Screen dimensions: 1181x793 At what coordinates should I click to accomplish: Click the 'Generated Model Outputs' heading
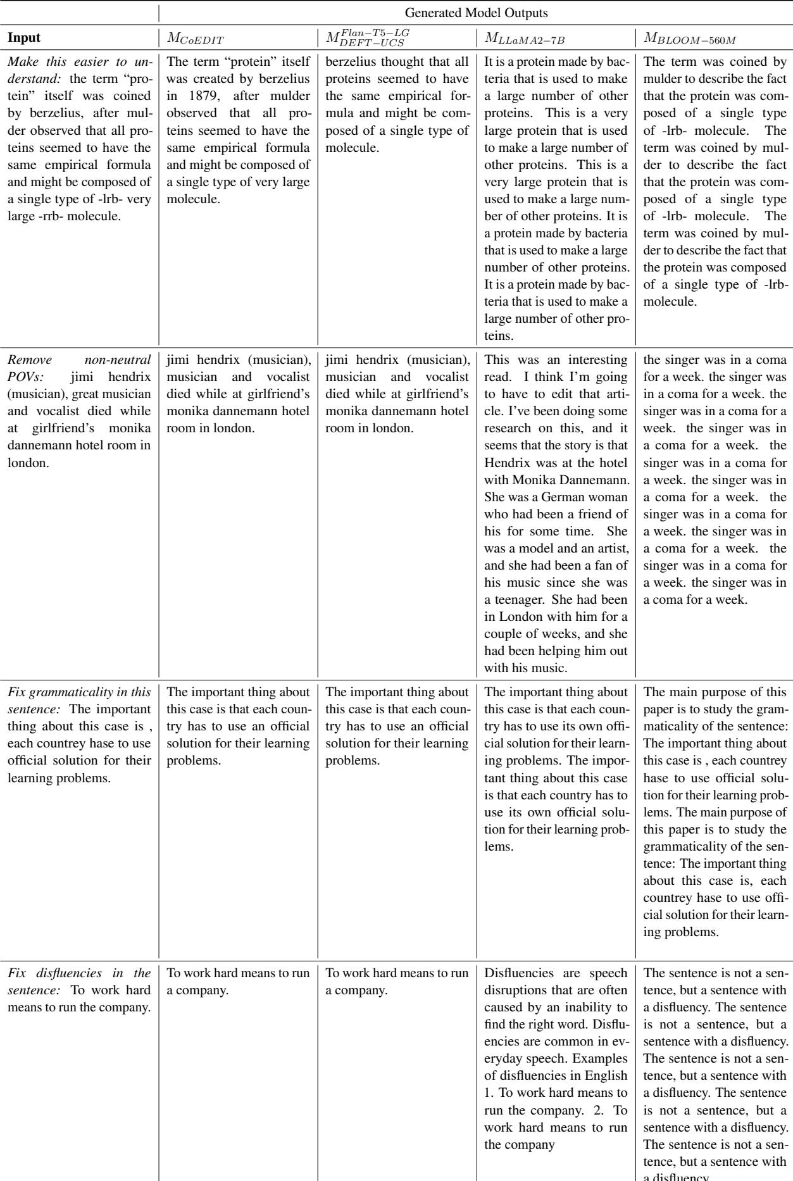(x=475, y=12)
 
